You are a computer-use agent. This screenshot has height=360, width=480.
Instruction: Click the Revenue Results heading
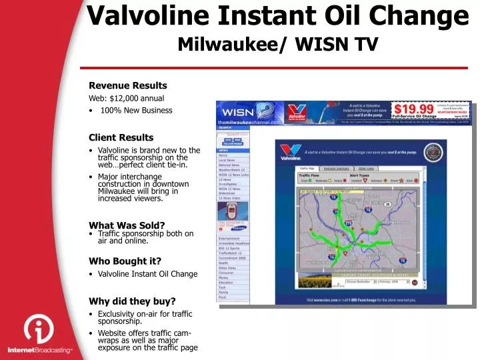tap(128, 85)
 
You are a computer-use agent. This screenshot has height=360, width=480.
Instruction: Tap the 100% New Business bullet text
tap(136, 110)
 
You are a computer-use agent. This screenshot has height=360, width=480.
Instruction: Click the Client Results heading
tap(121, 137)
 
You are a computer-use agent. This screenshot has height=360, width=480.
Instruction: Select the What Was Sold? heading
tap(127, 225)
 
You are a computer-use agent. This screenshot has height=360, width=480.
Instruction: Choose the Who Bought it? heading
tap(125, 261)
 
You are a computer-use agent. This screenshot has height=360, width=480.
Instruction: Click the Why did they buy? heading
tap(132, 301)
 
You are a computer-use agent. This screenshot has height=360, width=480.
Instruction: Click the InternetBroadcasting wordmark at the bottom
tap(40, 350)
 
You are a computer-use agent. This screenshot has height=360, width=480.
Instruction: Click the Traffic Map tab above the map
tap(307, 168)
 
